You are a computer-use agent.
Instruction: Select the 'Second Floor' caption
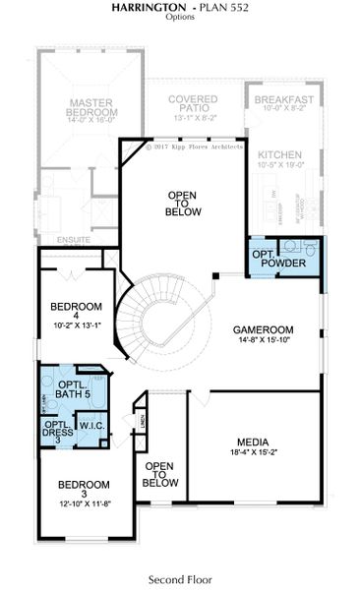pos(180,579)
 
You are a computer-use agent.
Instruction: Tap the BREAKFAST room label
pos(283,99)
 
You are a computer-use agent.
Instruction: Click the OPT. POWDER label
pos(278,260)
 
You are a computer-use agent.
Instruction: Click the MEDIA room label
pos(254,442)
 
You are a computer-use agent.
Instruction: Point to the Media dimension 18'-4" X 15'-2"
pos(254,453)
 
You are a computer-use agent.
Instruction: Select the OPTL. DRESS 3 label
pos(55,430)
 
